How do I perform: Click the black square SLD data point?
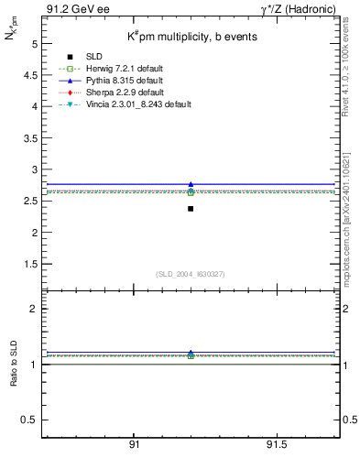(191, 209)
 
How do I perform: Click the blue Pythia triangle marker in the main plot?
(191, 185)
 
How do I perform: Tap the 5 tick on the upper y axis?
(33, 43)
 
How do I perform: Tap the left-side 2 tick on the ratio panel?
(33, 310)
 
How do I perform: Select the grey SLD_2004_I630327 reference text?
(190, 274)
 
